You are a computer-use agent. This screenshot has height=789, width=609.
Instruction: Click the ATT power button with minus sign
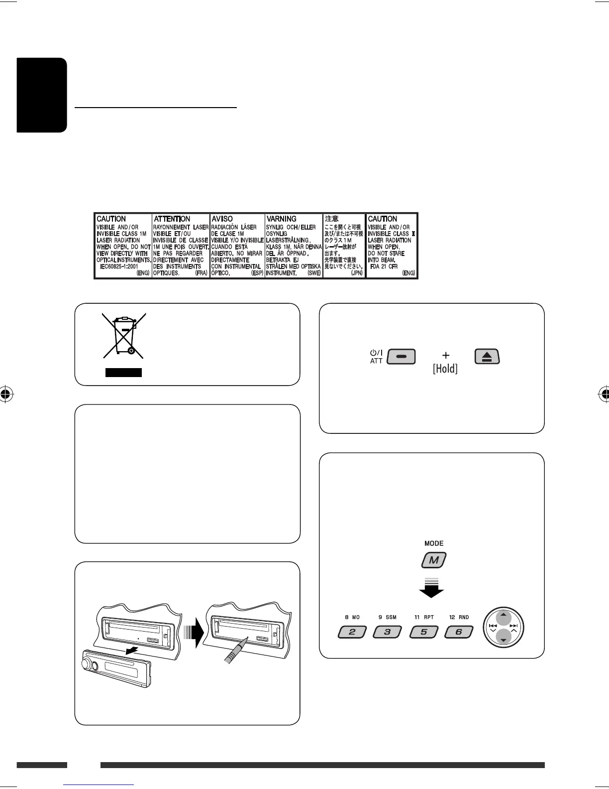click(x=401, y=357)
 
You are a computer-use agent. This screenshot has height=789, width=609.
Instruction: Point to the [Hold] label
click(x=445, y=369)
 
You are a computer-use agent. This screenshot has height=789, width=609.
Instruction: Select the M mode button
click(x=434, y=560)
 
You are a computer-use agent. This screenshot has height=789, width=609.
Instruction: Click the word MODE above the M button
click(x=434, y=543)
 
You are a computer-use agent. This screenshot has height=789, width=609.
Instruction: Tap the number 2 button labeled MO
click(x=352, y=632)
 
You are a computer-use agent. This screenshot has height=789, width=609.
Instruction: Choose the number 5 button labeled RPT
click(x=423, y=632)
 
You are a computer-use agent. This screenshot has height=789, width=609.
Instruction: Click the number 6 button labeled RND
click(x=458, y=632)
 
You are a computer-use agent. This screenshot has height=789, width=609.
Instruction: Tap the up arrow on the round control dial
click(x=504, y=616)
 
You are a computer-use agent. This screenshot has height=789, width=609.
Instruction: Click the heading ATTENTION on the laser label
click(x=172, y=219)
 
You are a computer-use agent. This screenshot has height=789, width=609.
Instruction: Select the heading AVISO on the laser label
click(x=222, y=219)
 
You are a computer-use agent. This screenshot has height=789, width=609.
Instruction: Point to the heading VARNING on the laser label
click(x=282, y=219)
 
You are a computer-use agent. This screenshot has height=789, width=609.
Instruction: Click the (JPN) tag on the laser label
click(x=357, y=273)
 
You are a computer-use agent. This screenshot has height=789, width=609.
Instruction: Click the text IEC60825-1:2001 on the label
click(x=119, y=266)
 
